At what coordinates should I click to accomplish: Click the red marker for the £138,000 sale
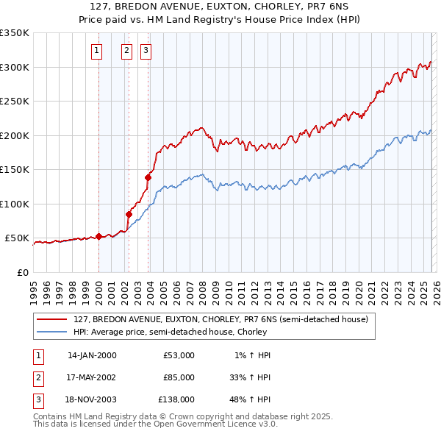coord(148,177)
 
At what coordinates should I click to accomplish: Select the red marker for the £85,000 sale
coord(129,214)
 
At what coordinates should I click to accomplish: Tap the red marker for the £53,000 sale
coord(98,236)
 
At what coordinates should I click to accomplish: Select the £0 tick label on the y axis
coord(21,272)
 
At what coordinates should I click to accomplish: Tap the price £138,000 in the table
coord(176,399)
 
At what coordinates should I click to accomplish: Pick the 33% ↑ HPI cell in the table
coord(248,377)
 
